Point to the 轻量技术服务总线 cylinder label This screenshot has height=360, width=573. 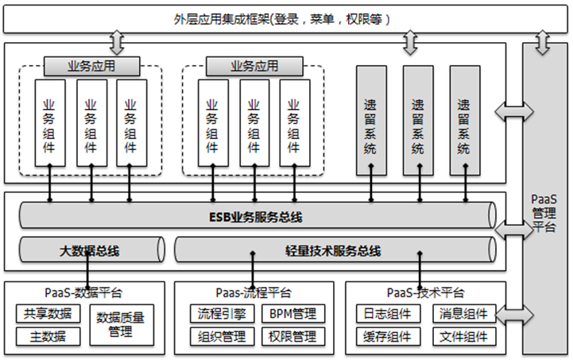333,251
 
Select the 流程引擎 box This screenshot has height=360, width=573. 217,314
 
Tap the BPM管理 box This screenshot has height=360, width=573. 293,314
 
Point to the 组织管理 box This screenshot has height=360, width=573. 217,336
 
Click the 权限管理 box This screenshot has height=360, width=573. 293,336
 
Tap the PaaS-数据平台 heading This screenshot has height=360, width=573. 83,293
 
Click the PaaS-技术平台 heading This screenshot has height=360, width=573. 425,293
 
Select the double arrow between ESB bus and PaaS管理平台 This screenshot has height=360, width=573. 509,230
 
